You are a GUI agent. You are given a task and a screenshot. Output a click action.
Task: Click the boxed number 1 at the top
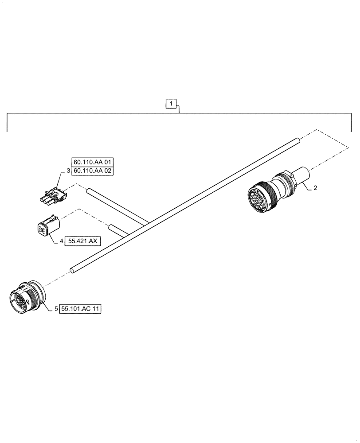point(172,104)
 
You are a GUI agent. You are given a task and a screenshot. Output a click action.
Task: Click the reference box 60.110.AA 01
point(92,162)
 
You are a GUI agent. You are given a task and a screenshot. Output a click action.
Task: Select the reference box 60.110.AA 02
point(92,171)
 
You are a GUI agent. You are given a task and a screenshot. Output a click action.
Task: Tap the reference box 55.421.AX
point(83,241)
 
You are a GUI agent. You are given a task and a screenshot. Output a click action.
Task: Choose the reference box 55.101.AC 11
point(81,309)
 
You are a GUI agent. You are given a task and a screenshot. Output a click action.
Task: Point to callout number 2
point(315,188)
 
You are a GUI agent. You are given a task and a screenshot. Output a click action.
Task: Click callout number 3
point(68,171)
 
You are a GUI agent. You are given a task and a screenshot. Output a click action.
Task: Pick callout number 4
point(61,241)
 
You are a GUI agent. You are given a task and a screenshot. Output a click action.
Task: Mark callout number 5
point(56,309)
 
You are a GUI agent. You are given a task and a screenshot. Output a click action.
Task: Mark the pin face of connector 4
point(41,230)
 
